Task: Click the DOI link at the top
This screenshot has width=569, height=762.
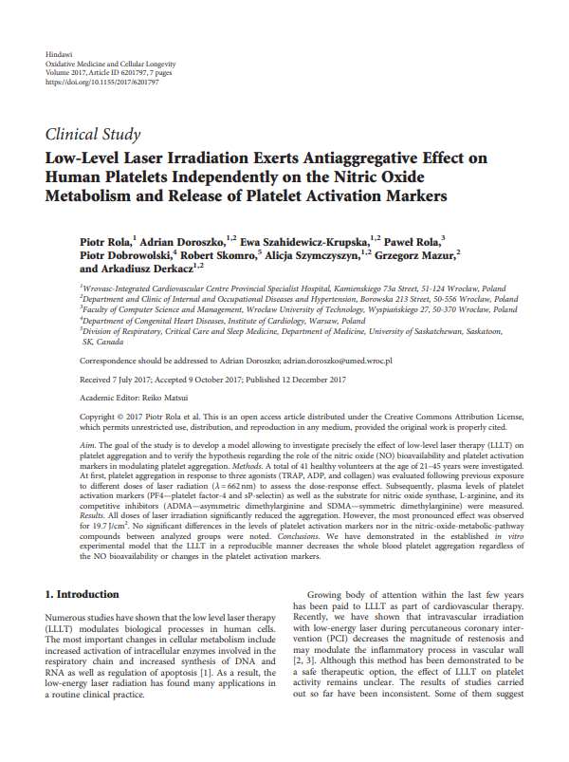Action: click(101, 83)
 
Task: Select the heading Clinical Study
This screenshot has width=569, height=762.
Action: click(93, 134)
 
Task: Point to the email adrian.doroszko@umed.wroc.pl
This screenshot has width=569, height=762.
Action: click(339, 362)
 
